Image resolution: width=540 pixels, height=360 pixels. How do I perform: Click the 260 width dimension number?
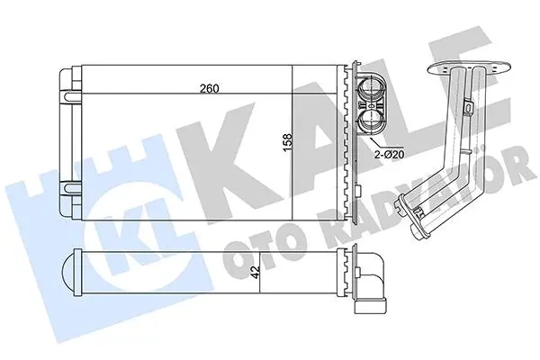[x=210, y=88]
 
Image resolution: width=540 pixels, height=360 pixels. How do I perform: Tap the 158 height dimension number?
[x=288, y=142]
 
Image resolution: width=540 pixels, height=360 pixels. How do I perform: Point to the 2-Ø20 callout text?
[x=389, y=155]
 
